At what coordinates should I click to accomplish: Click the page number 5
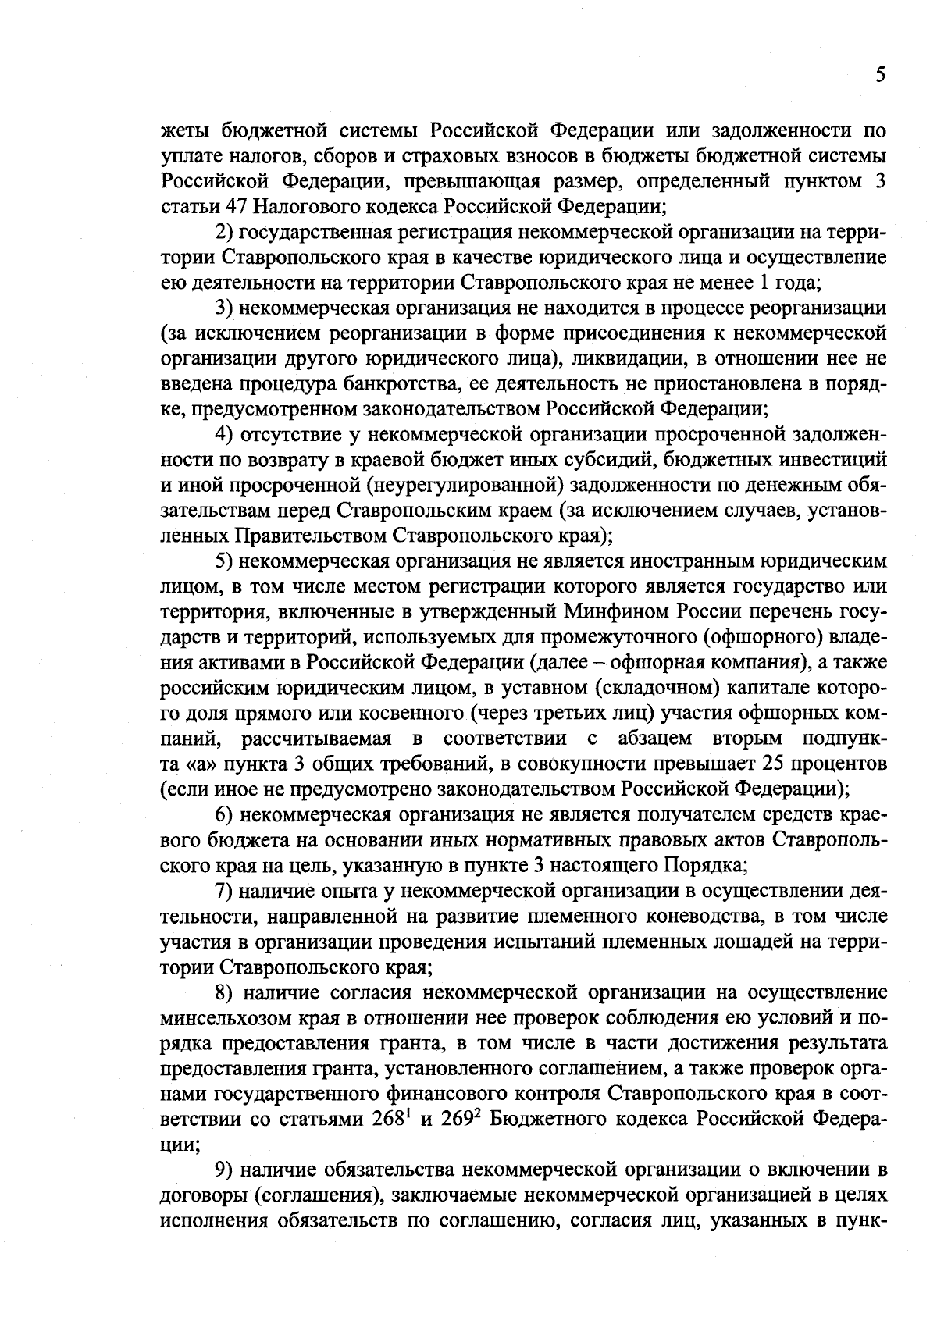(880, 75)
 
